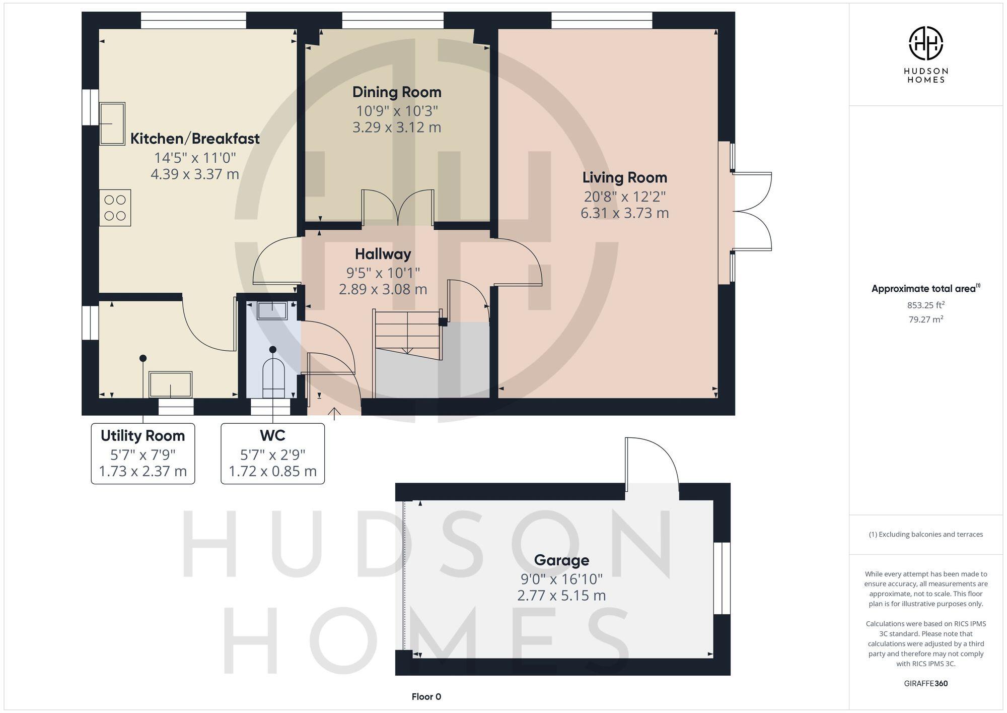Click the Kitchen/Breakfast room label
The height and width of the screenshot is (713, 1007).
(195, 139)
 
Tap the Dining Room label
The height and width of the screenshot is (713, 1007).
(397, 92)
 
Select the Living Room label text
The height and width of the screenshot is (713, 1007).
(624, 177)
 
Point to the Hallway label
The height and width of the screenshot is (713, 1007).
(383, 254)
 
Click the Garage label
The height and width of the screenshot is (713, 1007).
(561, 560)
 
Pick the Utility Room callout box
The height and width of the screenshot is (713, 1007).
(143, 453)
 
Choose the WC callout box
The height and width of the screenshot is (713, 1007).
(272, 453)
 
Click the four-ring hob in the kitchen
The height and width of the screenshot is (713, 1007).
(115, 208)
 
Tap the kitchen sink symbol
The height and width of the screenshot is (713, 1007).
(112, 124)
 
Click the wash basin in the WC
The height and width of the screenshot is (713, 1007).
(272, 310)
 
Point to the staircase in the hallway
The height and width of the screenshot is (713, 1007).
(407, 333)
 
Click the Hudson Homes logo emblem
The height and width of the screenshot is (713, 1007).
(925, 44)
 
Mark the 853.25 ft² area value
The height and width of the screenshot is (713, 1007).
(925, 305)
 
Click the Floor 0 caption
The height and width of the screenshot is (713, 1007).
(426, 697)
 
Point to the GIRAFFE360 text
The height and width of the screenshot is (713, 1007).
(925, 684)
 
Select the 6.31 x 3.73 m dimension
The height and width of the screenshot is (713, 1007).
(624, 213)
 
